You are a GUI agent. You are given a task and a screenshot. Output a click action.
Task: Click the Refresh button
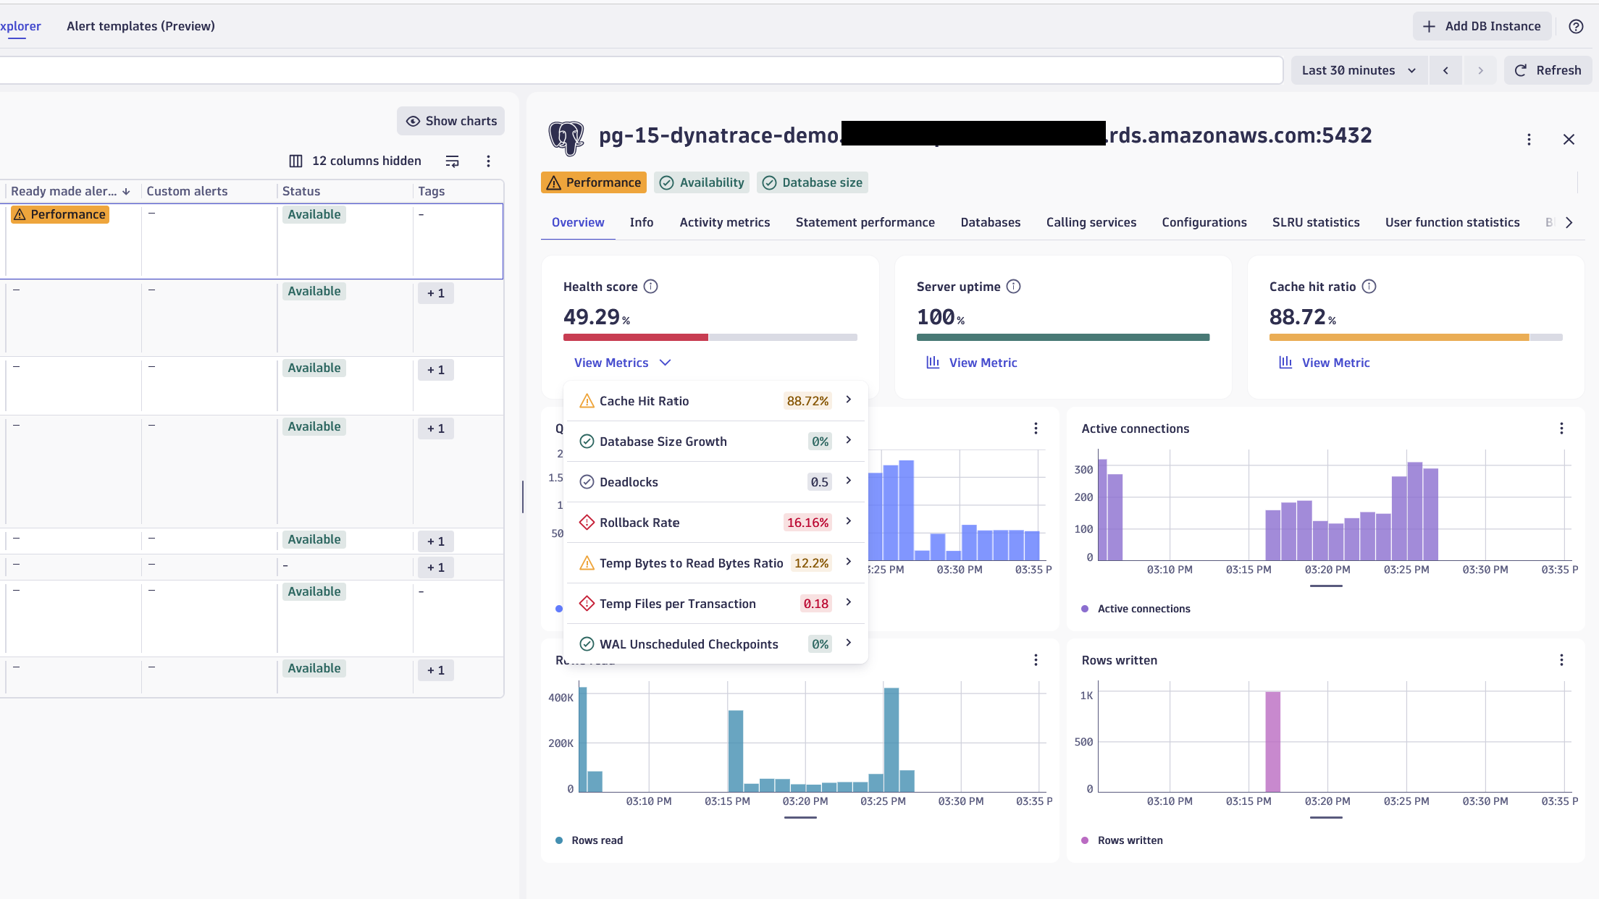click(1548, 70)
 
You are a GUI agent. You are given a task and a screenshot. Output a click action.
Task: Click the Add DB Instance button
click(1482, 26)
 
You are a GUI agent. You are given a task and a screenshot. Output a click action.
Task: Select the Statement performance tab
click(865, 222)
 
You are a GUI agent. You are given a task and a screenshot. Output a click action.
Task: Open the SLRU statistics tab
click(1315, 222)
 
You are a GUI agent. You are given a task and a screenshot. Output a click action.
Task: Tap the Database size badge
click(813, 182)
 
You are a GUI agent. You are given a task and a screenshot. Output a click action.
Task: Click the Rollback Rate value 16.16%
click(807, 523)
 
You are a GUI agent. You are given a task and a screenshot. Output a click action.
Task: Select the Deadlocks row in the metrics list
click(629, 482)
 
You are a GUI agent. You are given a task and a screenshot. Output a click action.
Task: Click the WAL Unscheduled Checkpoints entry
click(688, 644)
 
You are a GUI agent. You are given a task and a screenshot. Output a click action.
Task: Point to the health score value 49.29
click(592, 317)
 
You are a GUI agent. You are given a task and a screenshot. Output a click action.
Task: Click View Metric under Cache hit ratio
click(1335, 363)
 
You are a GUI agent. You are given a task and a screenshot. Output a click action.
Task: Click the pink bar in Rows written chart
click(1272, 741)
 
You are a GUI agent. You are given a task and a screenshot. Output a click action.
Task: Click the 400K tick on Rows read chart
click(561, 698)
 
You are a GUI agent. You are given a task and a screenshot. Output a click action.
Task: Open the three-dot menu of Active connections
click(1561, 429)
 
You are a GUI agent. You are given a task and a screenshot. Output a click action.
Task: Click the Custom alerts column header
click(187, 191)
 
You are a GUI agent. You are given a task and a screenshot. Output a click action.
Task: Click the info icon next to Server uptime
click(1014, 287)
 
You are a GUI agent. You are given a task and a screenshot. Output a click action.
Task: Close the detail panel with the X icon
click(1569, 139)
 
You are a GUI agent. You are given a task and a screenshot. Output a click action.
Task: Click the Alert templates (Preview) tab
click(140, 26)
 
